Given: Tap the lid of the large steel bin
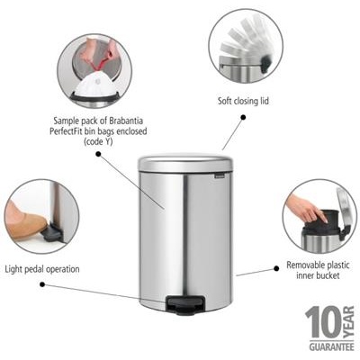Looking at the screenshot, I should pyautogui.click(x=184, y=163).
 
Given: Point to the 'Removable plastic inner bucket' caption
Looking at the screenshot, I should pyautogui.click(x=314, y=271).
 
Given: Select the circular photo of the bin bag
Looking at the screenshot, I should pyautogui.click(x=94, y=69).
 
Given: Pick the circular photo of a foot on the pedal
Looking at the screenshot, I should pyautogui.click(x=40, y=216).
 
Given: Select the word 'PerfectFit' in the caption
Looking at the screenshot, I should pyautogui.click(x=77, y=130).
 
